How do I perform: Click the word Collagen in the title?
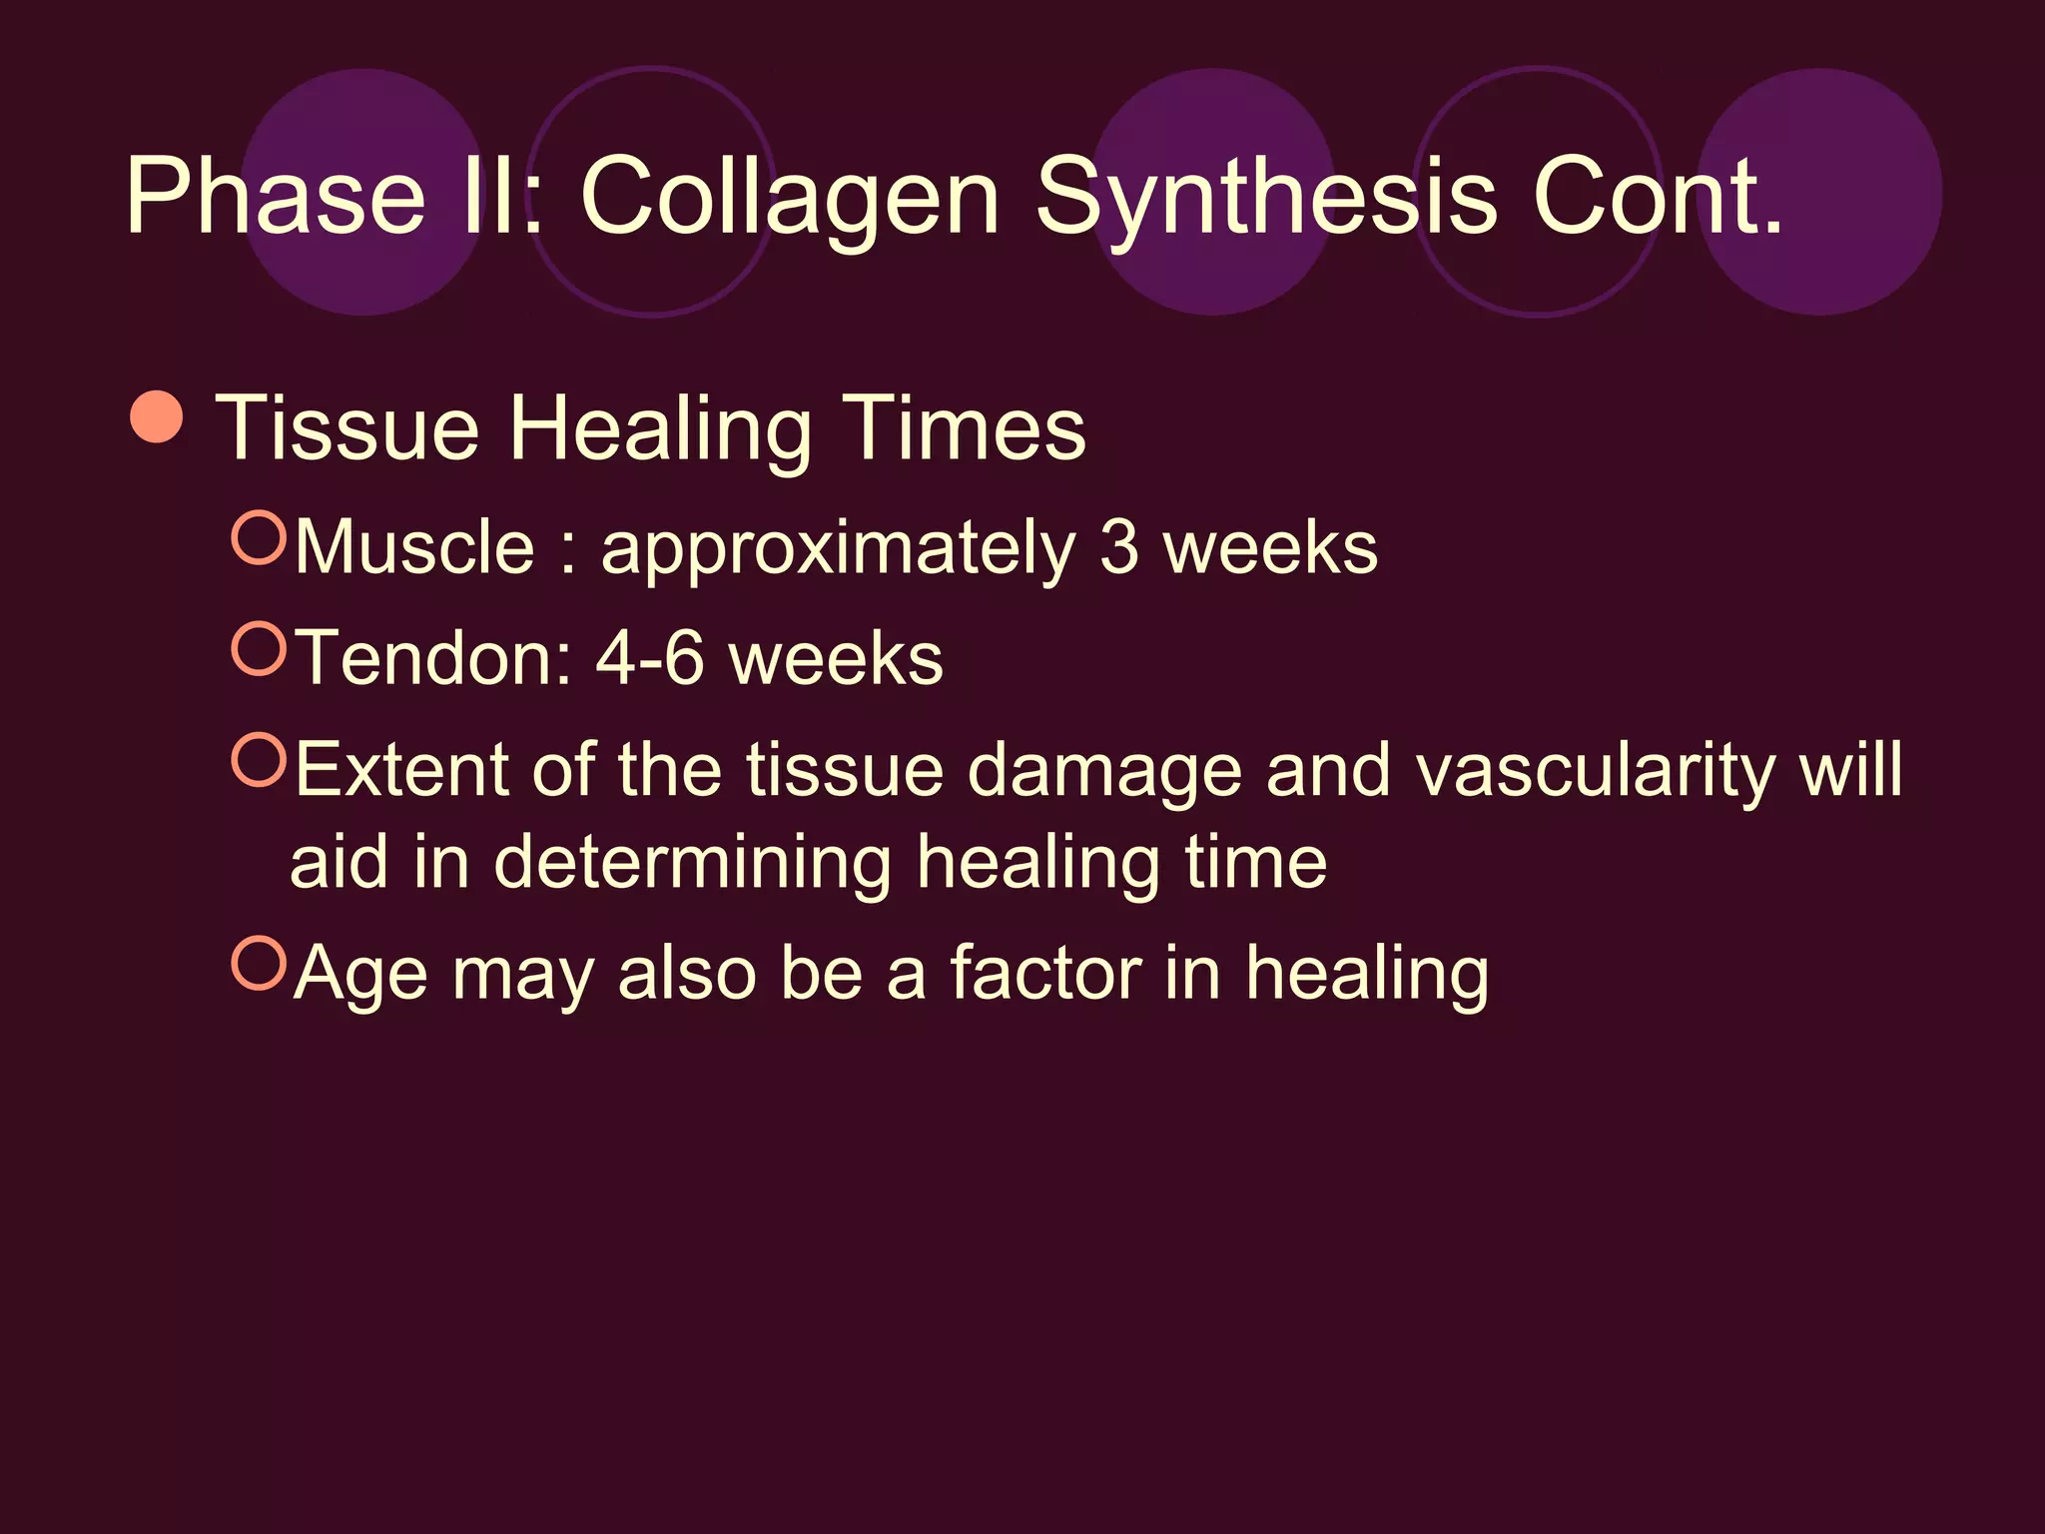tap(789, 197)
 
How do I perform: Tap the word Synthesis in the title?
tap(1265, 197)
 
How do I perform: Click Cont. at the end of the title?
tap(1658, 197)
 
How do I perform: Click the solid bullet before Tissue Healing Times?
tap(157, 416)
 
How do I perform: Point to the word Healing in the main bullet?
tap(659, 429)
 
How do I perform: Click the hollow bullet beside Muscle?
tap(259, 537)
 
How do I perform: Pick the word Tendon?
tap(434, 658)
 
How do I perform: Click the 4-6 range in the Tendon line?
tap(650, 658)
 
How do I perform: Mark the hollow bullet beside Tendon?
tap(259, 648)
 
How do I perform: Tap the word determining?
tap(692, 863)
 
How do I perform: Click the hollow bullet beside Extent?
tap(259, 760)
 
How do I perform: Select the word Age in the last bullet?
tap(360, 975)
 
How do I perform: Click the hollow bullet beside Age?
tap(259, 963)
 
